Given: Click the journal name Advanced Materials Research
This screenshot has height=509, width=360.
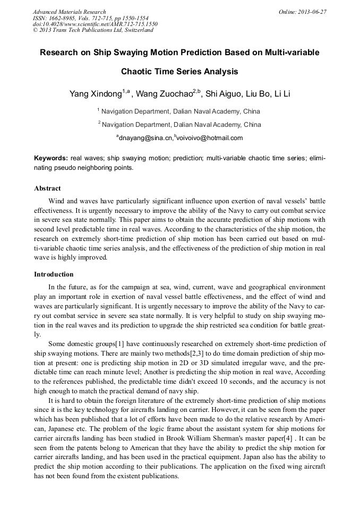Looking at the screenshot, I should point(69,12).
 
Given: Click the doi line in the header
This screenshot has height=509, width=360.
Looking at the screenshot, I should point(95,24).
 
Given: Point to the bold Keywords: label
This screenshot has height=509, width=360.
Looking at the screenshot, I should point(51,158).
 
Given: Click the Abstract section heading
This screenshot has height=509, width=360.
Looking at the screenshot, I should point(47,188).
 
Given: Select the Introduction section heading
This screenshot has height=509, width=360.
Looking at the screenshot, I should point(54,274).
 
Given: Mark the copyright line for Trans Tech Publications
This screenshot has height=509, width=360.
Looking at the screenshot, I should point(93,30).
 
